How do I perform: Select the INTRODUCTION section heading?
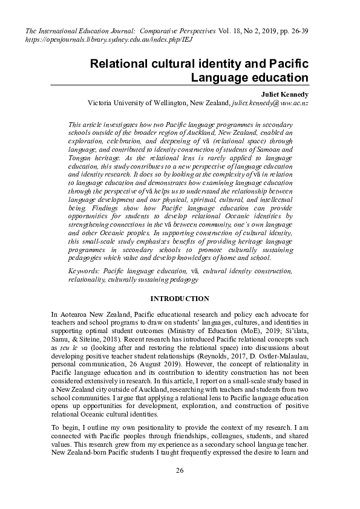180,299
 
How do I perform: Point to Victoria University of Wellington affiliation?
159,103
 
